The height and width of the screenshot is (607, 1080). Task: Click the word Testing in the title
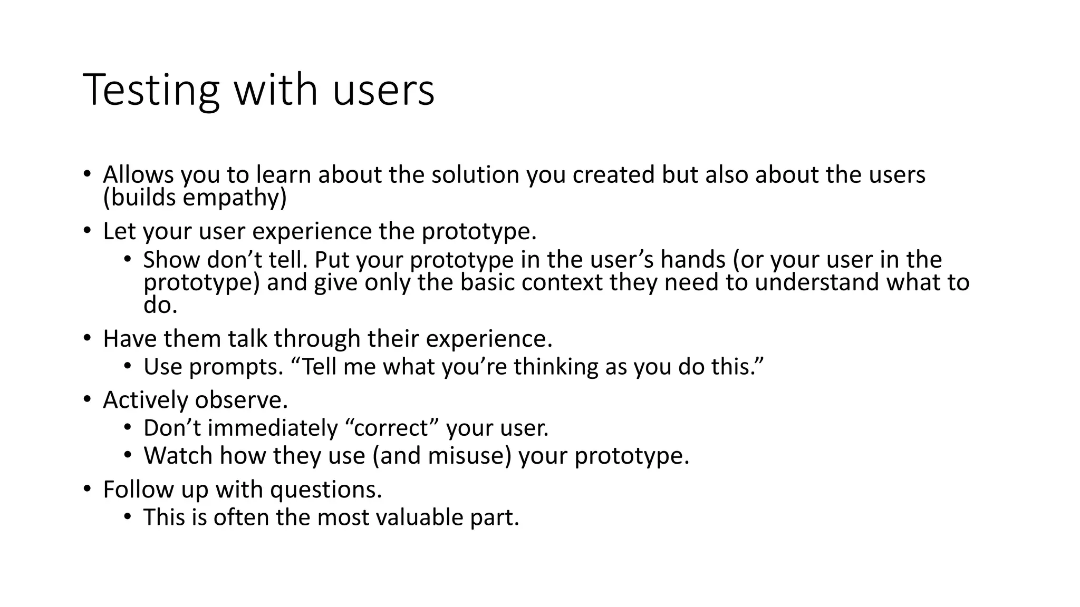point(151,91)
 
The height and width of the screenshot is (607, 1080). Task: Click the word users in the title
point(383,91)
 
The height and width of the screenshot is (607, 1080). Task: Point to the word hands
point(693,260)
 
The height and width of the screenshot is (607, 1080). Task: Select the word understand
point(817,282)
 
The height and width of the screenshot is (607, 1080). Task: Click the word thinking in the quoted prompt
point(556,367)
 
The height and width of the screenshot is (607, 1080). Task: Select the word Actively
point(146,400)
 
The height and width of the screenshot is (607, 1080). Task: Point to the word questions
point(325,489)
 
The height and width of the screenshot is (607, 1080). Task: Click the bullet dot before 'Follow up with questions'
point(87,488)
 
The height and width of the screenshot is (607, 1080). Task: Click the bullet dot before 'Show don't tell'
point(128,259)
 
